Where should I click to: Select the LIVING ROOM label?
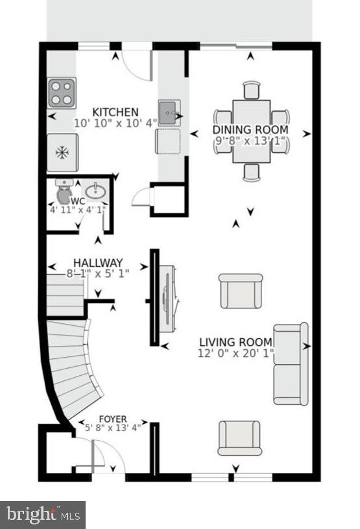coord(235,343)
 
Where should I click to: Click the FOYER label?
coord(112,419)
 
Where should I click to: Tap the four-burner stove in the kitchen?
coord(62,92)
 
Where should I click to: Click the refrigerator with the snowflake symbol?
coord(62,152)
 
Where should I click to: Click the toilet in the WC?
coord(64,193)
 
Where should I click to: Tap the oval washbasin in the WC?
coord(95,191)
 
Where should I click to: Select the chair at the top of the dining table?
coord(251,90)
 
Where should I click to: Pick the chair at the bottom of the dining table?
coord(251,172)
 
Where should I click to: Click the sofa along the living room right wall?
coord(291,363)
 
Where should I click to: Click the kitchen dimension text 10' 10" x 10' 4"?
coord(115,123)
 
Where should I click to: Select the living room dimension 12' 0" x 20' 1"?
coord(235,354)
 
